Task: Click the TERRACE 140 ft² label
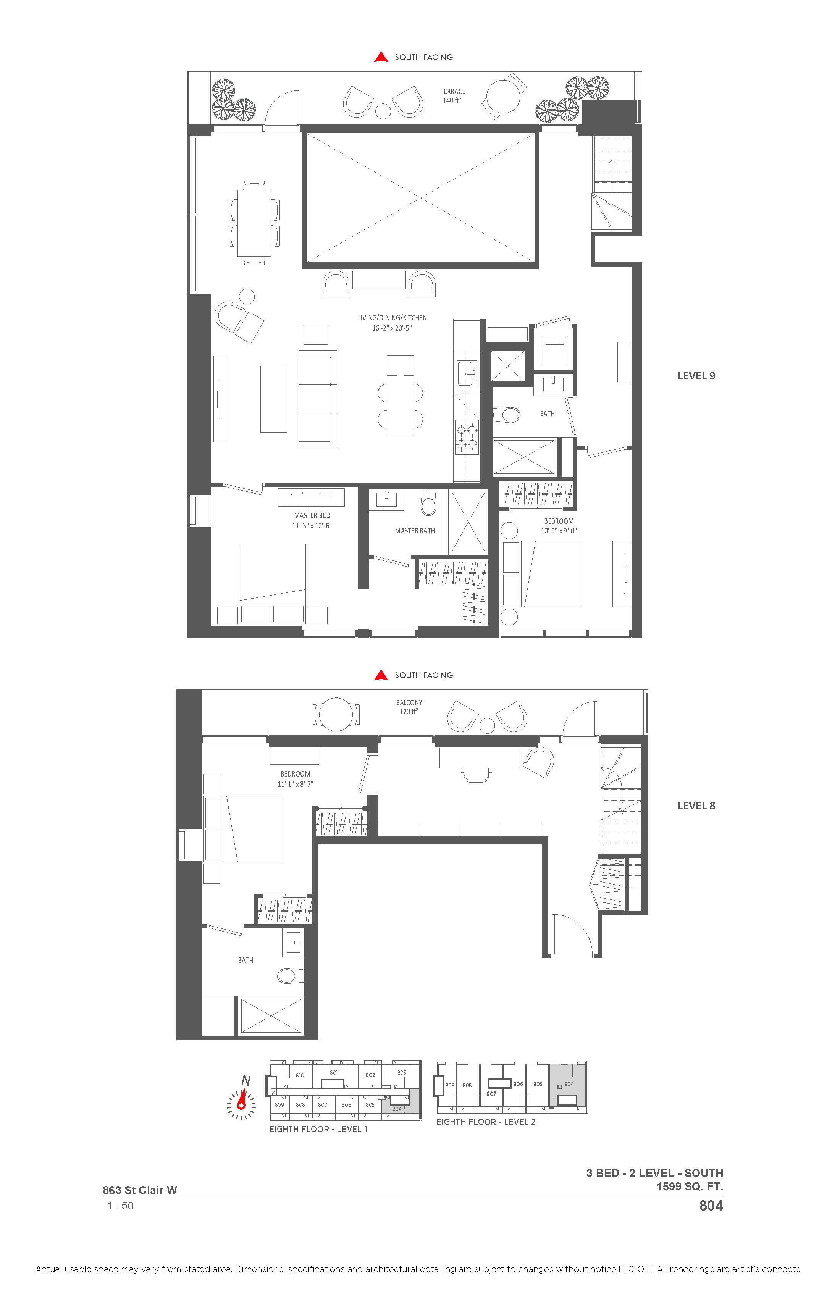(453, 96)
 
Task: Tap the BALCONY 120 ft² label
(409, 707)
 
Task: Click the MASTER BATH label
(415, 531)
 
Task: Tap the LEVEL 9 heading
(696, 376)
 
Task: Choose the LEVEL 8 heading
(696, 806)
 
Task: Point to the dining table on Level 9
(255, 223)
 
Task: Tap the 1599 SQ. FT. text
(690, 1186)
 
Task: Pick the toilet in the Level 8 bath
(290, 975)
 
